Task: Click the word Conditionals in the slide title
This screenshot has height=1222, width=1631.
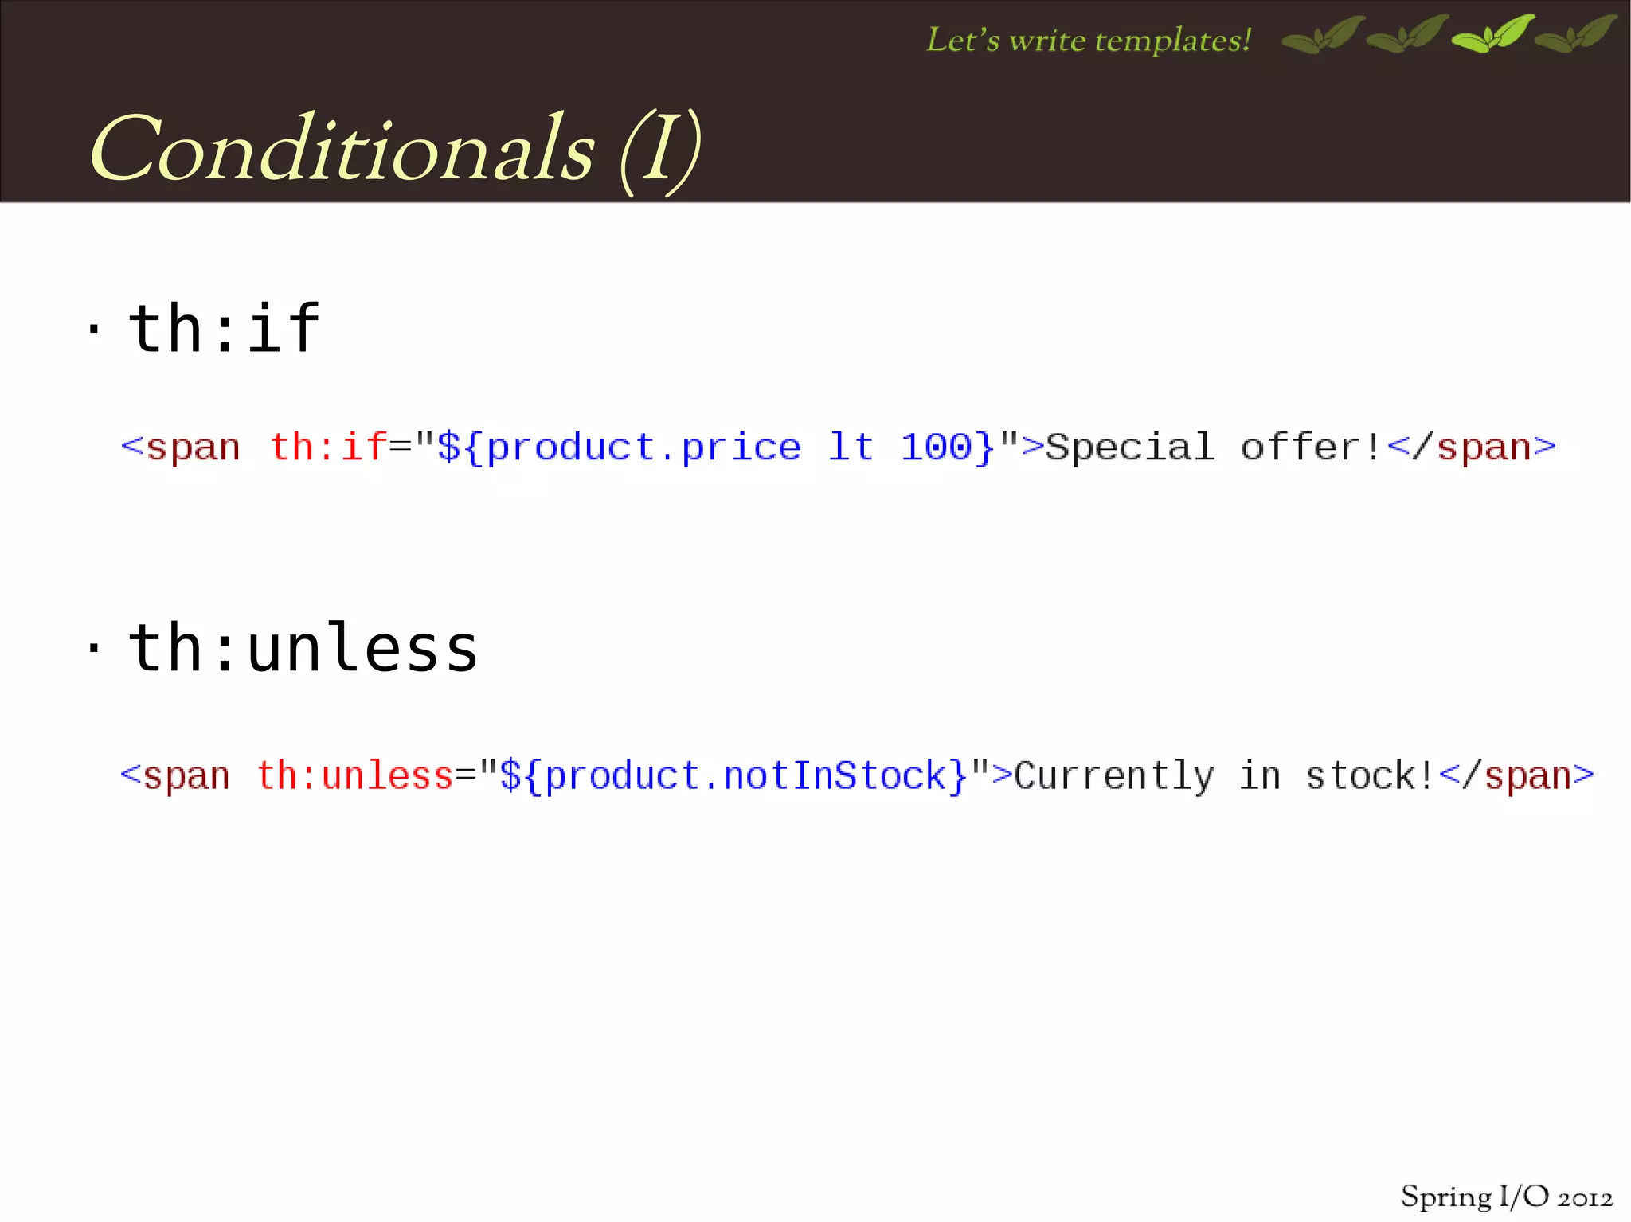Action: click(342, 150)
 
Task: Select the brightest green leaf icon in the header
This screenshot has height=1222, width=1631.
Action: click(1493, 34)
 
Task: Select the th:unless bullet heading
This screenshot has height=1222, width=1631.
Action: click(303, 648)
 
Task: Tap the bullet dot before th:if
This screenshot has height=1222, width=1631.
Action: click(94, 328)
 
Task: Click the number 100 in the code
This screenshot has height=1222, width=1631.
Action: click(937, 447)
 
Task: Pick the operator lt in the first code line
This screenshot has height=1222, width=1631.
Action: click(851, 447)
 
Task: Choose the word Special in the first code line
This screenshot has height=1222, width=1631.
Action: click(1129, 447)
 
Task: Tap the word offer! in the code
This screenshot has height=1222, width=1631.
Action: click(1311, 447)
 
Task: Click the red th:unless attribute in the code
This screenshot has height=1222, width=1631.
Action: click(354, 775)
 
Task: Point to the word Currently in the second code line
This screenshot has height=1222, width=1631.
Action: click(1114, 775)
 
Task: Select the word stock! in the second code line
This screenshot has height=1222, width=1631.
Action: click(1370, 775)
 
